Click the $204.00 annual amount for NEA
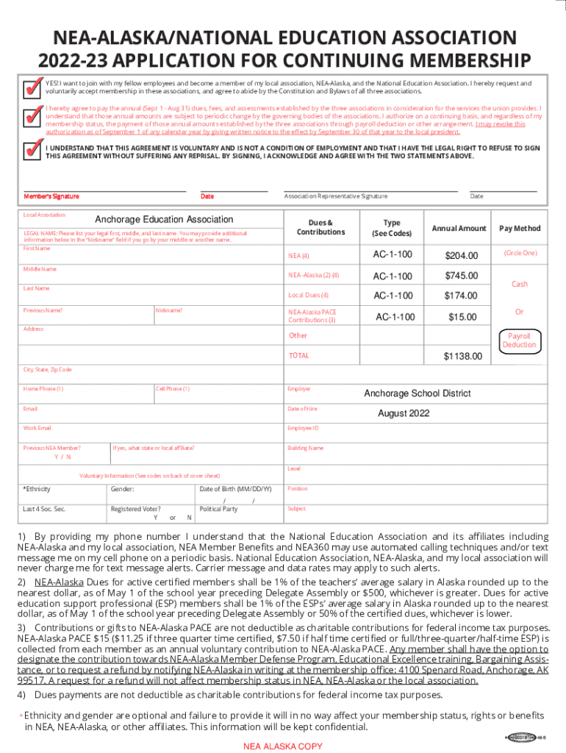coord(461,255)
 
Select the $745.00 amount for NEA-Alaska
coord(461,276)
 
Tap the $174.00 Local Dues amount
coord(461,296)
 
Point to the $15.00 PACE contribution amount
coord(462,317)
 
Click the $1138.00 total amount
coord(462,356)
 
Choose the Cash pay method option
coord(520,284)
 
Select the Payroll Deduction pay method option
coord(520,340)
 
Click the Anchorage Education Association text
coord(164,219)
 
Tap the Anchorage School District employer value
coord(418,393)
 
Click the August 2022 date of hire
coord(404,413)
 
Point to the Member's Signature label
coord(51,196)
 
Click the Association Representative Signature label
coord(335,196)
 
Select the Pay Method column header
coord(520,228)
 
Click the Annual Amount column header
coord(459,228)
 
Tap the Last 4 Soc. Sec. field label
coord(44,509)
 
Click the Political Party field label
coord(218,509)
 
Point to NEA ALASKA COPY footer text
coord(283,746)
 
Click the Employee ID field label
coord(303,428)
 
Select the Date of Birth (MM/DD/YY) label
coord(235,489)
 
